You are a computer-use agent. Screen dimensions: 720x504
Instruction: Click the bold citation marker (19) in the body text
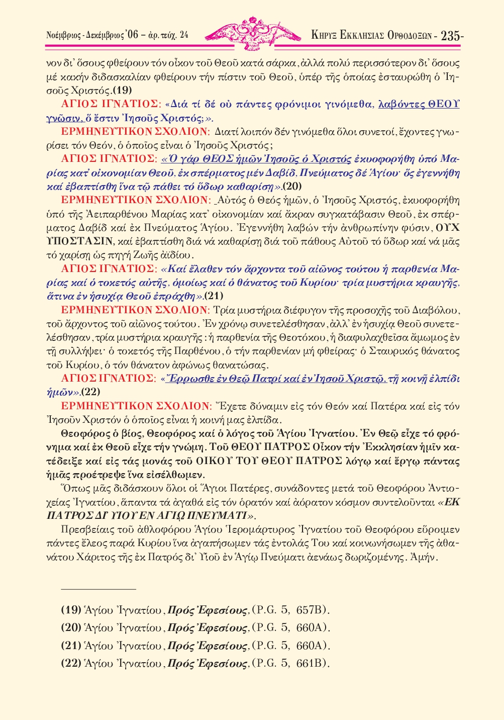pyautogui.click(x=122, y=91)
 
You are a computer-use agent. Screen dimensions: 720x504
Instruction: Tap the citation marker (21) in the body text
pyautogui.click(x=214, y=296)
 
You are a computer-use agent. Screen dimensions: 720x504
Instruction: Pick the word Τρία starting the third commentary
pyautogui.click(x=223, y=310)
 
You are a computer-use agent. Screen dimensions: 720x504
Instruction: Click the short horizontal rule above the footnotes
pyautogui.click(x=98, y=588)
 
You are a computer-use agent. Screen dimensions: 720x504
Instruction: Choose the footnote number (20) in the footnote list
pyautogui.click(x=71, y=627)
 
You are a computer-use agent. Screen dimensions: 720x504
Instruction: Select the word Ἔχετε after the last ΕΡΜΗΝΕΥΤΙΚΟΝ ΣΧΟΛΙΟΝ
pyautogui.click(x=231, y=406)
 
